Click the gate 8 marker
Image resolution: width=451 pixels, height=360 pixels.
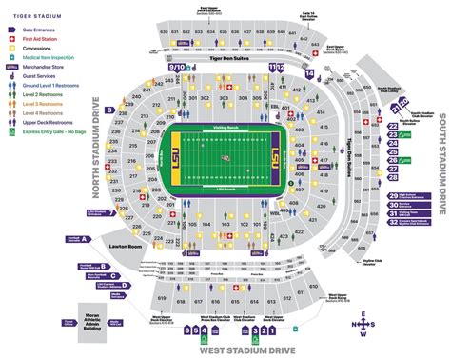[109, 110]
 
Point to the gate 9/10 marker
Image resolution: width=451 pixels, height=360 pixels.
[178, 68]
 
